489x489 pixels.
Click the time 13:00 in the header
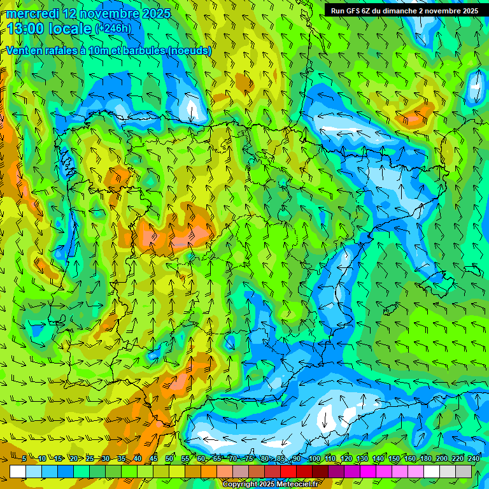tap(25, 28)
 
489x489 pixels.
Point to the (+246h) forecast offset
tap(113, 29)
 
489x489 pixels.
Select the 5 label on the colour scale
tap(24, 459)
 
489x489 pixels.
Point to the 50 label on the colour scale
tap(169, 459)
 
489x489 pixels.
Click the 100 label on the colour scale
tap(314, 459)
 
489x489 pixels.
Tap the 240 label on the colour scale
tap(473, 459)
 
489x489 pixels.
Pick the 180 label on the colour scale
tap(425, 459)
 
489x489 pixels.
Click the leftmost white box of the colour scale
tap(18, 471)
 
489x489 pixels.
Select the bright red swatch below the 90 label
tap(288, 471)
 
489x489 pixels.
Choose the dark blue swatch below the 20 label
tap(66, 471)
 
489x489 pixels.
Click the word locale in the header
tap(69, 29)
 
